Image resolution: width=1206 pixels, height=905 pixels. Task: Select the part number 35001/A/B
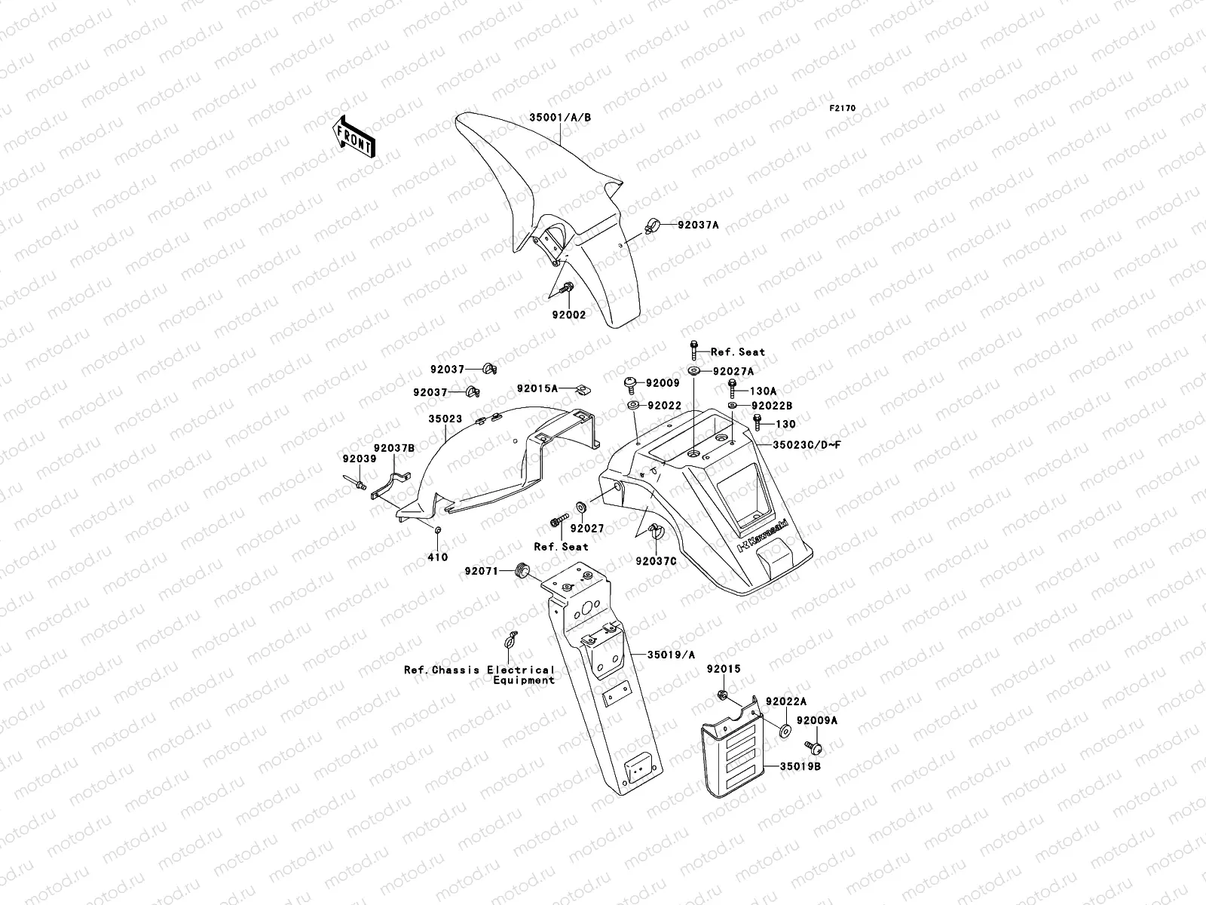click(x=560, y=118)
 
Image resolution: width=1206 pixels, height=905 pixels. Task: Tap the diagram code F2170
click(x=843, y=108)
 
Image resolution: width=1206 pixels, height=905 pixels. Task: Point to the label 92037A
click(x=698, y=225)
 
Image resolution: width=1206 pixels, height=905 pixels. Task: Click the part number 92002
click(x=568, y=315)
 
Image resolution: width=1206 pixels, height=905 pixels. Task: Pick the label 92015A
click(x=537, y=388)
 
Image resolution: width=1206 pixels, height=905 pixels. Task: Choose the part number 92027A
click(x=733, y=371)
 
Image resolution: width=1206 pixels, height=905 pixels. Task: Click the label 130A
click(x=763, y=391)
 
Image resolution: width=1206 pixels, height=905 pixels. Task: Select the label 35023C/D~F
click(x=807, y=445)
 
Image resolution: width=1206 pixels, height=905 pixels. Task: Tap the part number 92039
click(x=354, y=459)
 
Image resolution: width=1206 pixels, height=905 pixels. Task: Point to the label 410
click(x=438, y=557)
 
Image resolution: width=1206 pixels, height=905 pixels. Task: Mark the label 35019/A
click(x=672, y=655)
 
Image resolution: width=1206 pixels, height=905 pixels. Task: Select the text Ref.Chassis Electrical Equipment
click(x=479, y=674)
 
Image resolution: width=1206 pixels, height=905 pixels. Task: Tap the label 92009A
click(x=817, y=720)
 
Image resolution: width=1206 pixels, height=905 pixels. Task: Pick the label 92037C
click(x=657, y=561)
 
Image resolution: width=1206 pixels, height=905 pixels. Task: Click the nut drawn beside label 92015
click(x=721, y=695)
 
